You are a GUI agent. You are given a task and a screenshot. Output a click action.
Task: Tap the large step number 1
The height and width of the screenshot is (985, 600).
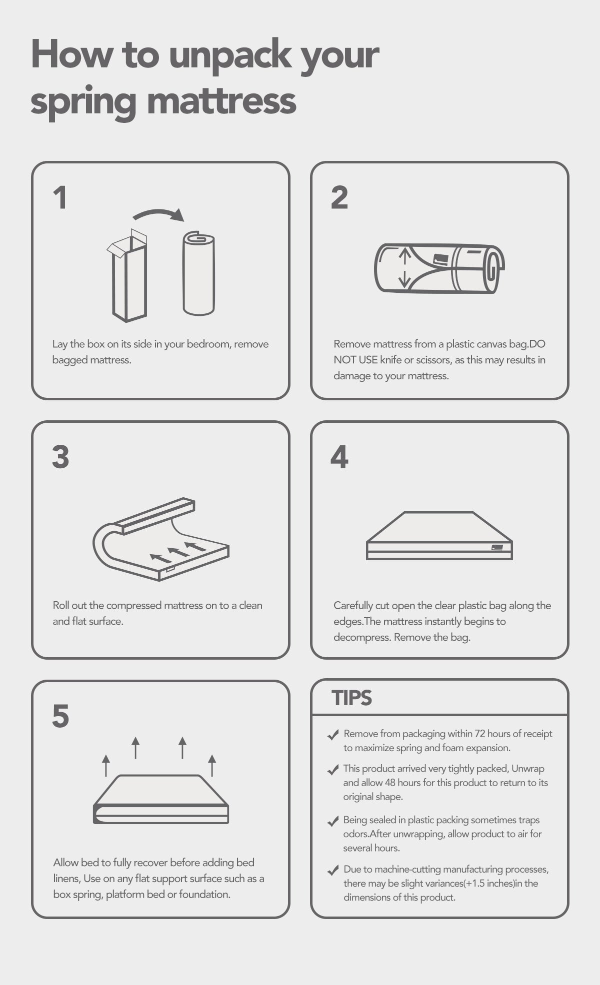coord(60,198)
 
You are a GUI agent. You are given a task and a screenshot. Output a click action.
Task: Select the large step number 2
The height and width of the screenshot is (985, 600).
coord(339,198)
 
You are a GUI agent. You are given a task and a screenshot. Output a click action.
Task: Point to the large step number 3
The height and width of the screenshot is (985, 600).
coord(60,457)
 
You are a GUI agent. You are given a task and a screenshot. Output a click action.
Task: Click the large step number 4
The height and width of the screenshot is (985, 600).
coord(339,457)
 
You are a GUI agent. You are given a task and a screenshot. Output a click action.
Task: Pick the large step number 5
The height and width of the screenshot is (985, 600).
coord(60,716)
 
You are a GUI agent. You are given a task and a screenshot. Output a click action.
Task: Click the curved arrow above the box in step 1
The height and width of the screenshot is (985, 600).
coord(158,214)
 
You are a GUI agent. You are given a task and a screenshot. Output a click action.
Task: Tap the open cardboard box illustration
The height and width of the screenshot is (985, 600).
coord(127,275)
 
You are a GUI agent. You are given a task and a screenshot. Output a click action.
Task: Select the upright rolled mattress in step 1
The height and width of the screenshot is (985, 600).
coord(198,273)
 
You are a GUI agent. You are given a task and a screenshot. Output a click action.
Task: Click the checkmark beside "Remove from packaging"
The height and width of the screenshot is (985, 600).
coord(332,735)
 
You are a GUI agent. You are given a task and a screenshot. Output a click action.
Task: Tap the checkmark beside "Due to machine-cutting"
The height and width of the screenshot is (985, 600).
coord(332,871)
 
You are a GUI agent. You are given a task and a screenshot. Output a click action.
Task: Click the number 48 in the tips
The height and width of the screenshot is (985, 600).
coord(390,783)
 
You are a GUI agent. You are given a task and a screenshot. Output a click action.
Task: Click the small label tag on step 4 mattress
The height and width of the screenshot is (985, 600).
coord(496,547)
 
